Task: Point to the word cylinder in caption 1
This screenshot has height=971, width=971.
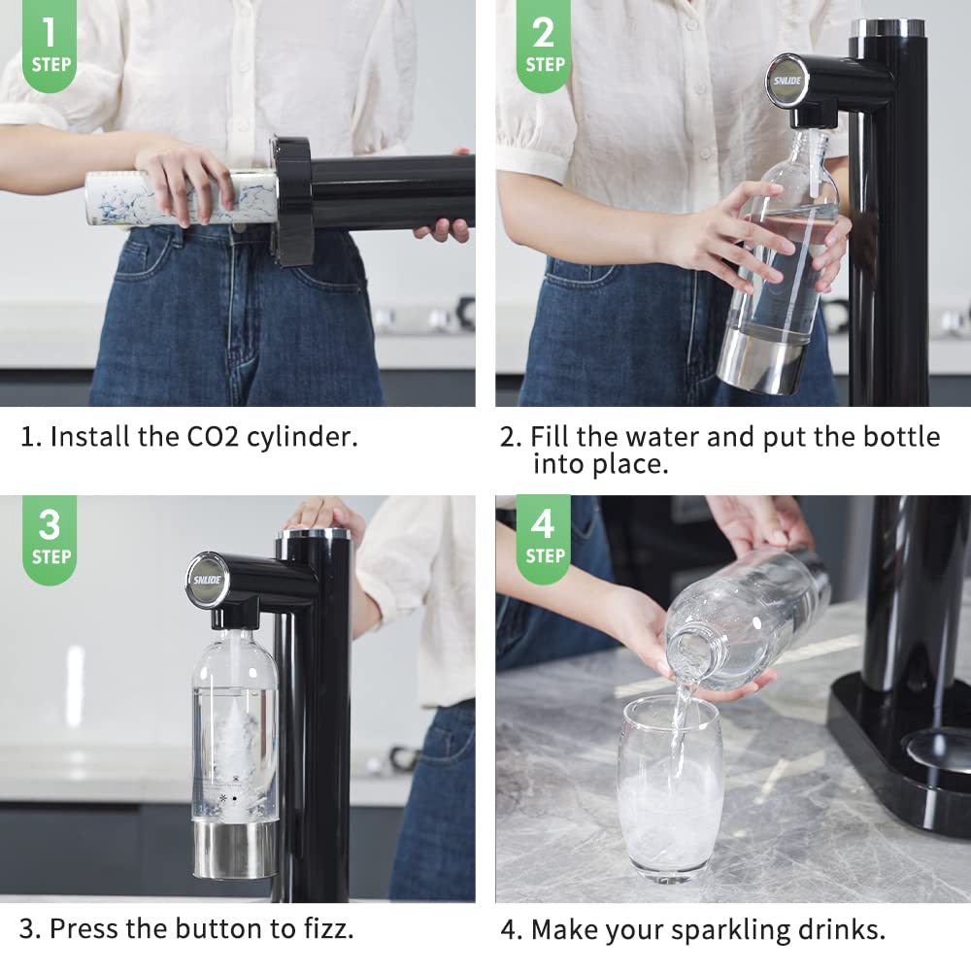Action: (304, 437)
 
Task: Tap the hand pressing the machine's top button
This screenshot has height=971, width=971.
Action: (323, 515)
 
